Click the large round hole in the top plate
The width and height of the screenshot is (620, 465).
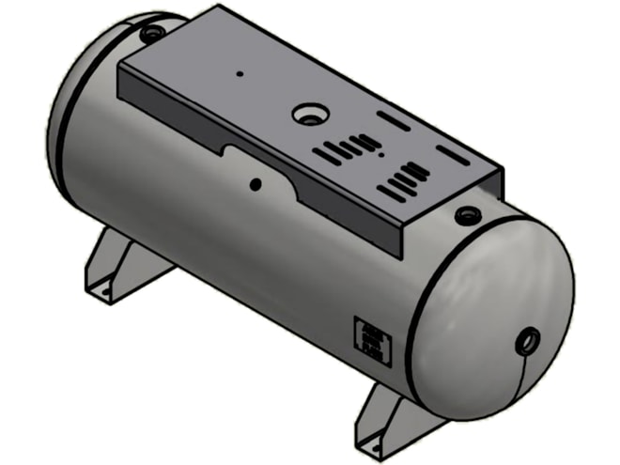pos(306,115)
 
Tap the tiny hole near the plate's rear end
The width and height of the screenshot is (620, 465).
pos(240,72)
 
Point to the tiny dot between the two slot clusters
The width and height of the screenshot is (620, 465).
pos(381,159)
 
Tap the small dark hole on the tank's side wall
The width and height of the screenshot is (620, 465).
pos(255,184)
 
